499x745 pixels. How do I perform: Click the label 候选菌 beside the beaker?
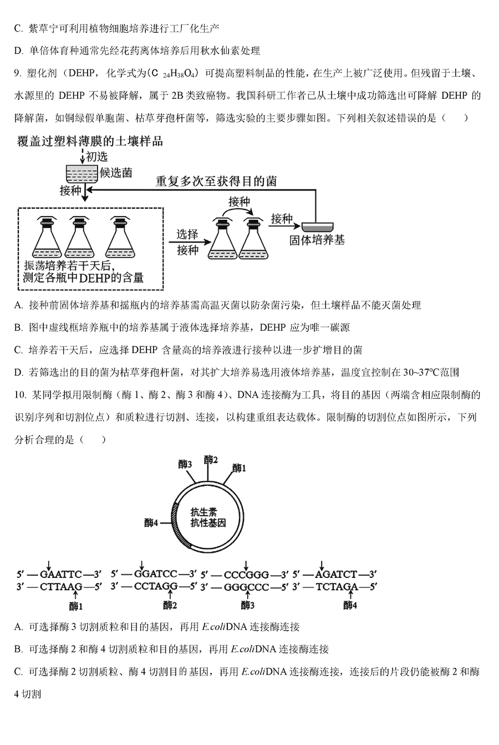pos(116,173)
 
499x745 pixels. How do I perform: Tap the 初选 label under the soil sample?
pos(96,157)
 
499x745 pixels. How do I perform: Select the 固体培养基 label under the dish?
pos(317,240)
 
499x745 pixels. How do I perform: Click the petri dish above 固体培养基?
pos(317,227)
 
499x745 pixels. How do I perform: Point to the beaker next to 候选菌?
pos(82,174)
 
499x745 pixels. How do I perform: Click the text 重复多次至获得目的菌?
pos(216,182)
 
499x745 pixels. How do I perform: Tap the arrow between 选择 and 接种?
pos(190,242)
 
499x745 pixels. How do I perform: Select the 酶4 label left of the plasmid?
pos(151,523)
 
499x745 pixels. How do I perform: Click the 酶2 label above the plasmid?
pos(211,460)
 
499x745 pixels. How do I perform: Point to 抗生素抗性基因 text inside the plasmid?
pos(208,517)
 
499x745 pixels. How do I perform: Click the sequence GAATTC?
pos(61,575)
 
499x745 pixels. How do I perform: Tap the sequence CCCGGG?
pos(246,575)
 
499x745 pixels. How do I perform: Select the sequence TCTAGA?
pos(337,587)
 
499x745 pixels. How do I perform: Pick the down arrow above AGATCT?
pos(322,565)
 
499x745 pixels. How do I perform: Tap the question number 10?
pos(20,395)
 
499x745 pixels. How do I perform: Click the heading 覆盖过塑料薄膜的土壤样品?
pos(90,142)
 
